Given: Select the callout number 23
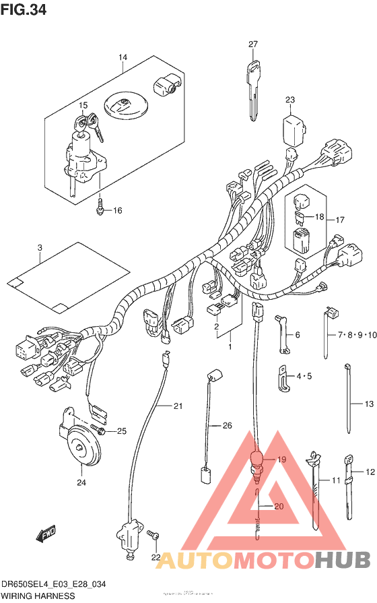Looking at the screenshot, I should click(x=290, y=100).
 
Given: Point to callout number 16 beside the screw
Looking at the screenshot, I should click(x=117, y=211).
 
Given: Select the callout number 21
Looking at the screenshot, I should click(x=178, y=406).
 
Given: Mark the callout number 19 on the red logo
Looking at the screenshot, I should click(x=281, y=459).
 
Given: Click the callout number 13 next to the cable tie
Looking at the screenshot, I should click(x=368, y=404).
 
